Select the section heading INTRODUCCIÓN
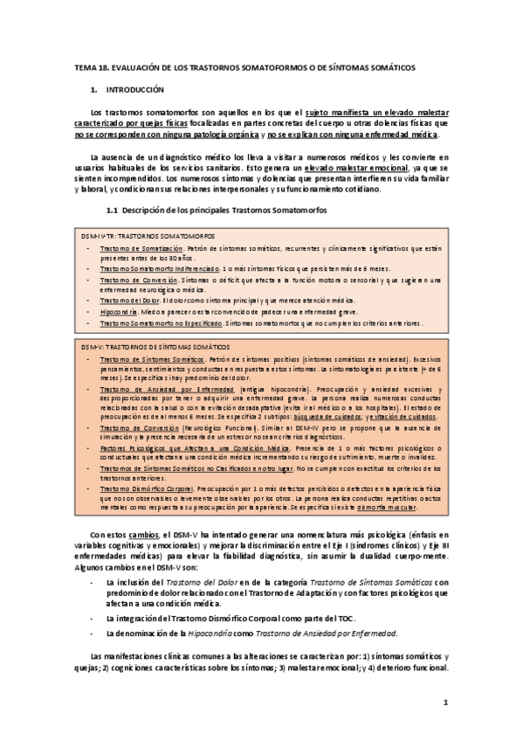click(x=135, y=90)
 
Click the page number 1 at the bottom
click(x=445, y=702)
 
